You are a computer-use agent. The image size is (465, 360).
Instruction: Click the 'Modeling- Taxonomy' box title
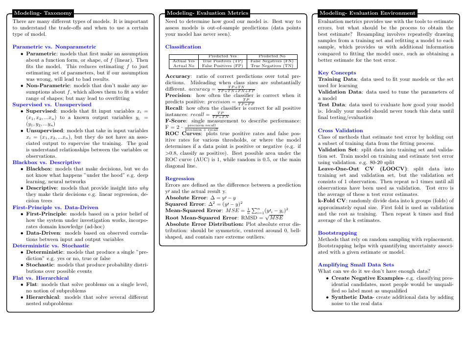pyautogui.click(x=43, y=13)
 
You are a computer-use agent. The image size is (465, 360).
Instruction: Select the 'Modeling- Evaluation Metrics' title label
pyautogui.click(x=208, y=13)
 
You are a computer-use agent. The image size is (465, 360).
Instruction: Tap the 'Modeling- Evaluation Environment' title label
pyautogui.click(x=367, y=13)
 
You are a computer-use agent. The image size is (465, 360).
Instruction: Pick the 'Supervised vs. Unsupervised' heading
pyautogui.click(x=52, y=104)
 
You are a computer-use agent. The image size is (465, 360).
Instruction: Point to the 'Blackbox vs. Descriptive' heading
pyautogui.click(x=46, y=162)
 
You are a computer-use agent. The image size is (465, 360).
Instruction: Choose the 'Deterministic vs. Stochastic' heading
pyautogui.click(x=51, y=245)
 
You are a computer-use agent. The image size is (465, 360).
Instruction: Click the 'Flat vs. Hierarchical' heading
pyautogui.click(x=41, y=278)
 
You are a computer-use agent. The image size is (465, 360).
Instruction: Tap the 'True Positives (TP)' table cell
pyautogui.click(x=222, y=61)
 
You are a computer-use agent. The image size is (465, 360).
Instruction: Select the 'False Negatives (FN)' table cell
pyautogui.click(x=272, y=61)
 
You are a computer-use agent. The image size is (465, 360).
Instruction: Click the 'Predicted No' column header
pyautogui.click(x=272, y=56)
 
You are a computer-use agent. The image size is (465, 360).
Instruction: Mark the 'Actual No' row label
pyautogui.click(x=184, y=65)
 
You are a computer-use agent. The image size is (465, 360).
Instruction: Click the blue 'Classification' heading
pyautogui.click(x=183, y=47)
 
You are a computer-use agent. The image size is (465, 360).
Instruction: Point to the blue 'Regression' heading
pyautogui.click(x=180, y=178)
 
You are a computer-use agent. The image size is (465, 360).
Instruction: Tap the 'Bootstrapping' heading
pyautogui.click(x=337, y=233)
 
